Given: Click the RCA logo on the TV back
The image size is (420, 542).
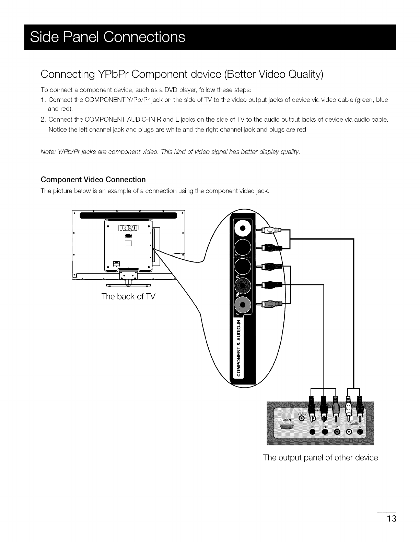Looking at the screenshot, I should click(x=128, y=229).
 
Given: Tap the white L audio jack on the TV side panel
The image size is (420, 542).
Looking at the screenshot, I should click(x=242, y=229).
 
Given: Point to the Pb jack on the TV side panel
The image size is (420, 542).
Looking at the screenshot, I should click(x=242, y=286).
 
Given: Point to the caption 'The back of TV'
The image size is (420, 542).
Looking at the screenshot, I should click(x=128, y=296).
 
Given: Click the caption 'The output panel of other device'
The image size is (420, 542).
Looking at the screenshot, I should click(x=320, y=458).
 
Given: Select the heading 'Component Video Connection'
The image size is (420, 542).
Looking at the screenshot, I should click(x=93, y=180).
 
